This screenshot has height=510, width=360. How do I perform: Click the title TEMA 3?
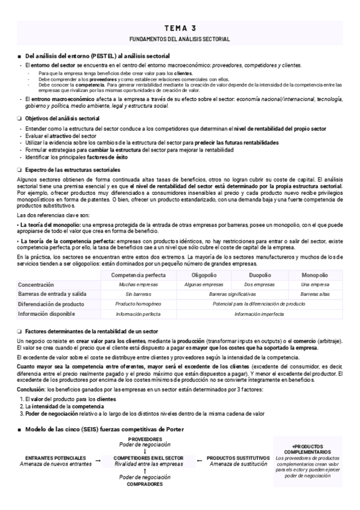[180, 28]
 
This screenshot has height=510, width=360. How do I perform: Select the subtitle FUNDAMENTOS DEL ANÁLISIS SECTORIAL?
[180, 38]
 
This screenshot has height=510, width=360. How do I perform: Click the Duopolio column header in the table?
[259, 275]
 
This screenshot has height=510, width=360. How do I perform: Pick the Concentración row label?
[35, 284]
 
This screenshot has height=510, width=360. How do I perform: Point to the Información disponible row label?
[46, 314]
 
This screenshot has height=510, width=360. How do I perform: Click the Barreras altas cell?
[315, 295]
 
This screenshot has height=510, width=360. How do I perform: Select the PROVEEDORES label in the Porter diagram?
[145, 440]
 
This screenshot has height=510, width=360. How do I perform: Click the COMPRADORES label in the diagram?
[145, 484]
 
